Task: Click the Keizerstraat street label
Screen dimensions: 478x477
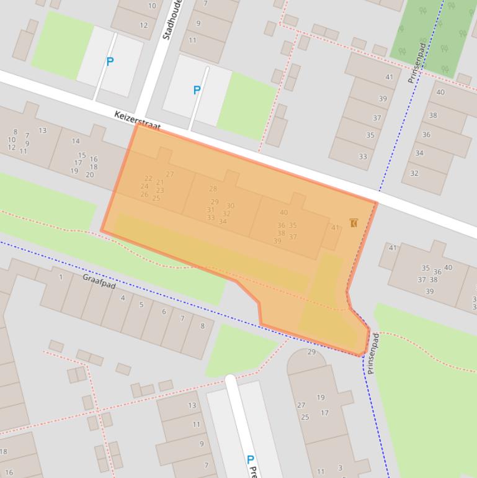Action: click(138, 121)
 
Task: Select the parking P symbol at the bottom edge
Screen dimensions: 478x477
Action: click(250, 460)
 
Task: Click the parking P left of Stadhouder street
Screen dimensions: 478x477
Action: click(110, 61)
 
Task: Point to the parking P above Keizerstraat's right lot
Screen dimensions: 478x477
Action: click(197, 90)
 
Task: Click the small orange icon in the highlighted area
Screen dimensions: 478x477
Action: click(354, 222)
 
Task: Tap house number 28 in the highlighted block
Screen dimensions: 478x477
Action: click(213, 189)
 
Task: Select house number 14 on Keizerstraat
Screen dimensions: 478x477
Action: click(76, 141)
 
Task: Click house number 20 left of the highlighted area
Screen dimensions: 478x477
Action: click(89, 174)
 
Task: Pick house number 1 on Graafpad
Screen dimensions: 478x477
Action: click(61, 277)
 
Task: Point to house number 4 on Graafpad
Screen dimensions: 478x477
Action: click(122, 298)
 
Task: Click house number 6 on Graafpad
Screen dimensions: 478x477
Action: click(164, 312)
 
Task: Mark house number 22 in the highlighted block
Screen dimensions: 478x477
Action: click(148, 178)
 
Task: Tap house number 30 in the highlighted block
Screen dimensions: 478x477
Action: click(230, 205)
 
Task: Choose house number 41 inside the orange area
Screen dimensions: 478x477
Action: click(335, 228)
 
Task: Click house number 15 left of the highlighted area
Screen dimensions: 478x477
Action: click(82, 155)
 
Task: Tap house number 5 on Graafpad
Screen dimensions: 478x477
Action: click(141, 305)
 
